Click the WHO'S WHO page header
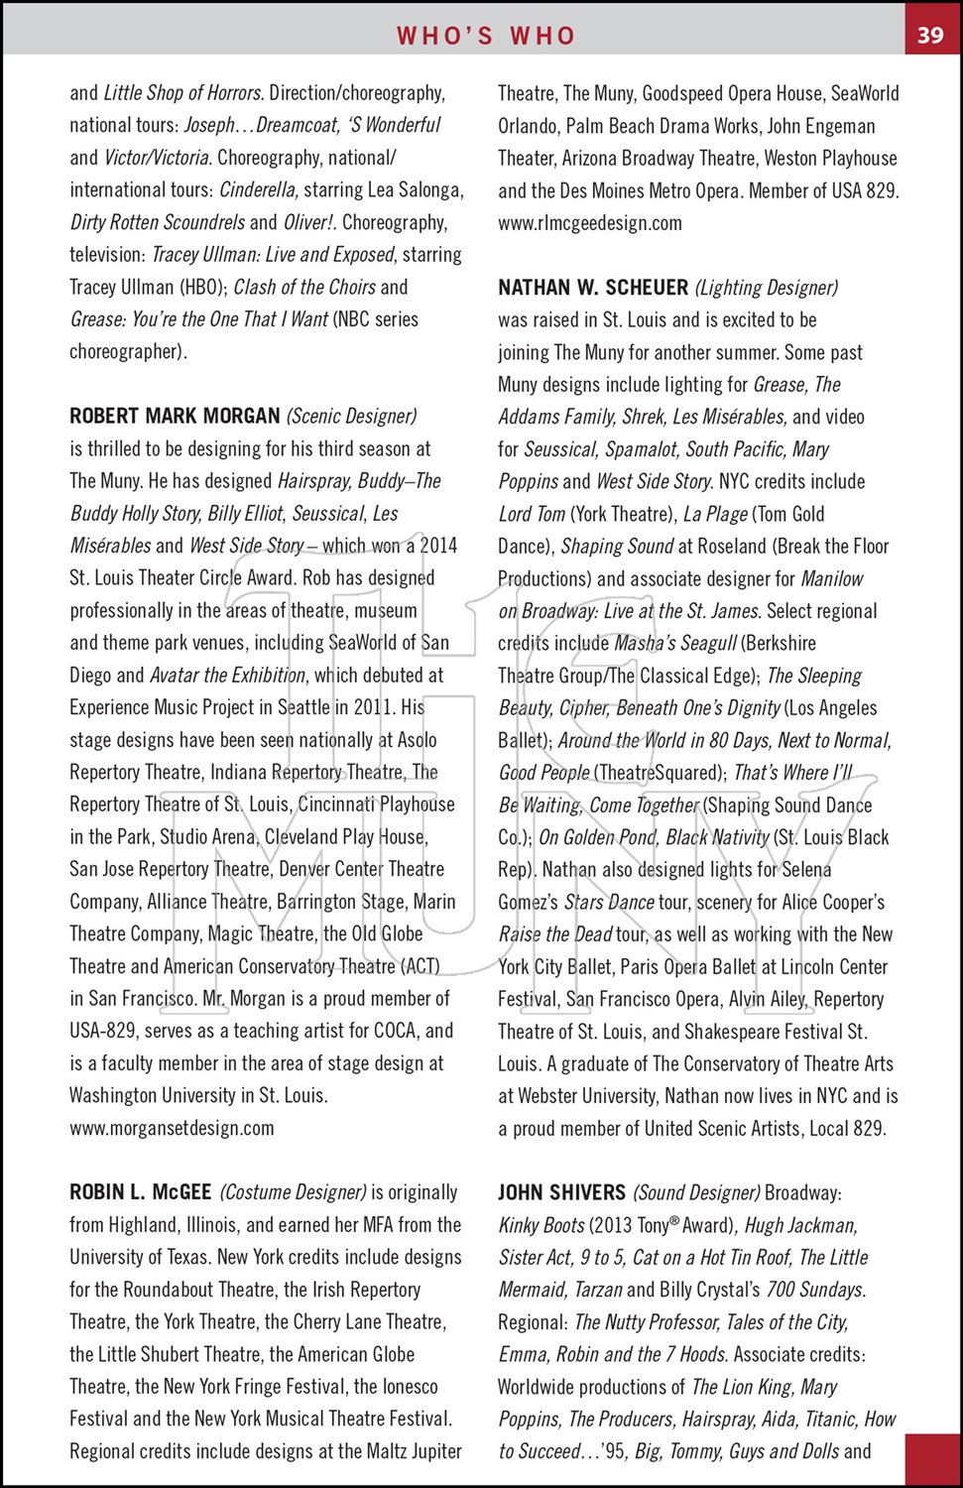point(486,36)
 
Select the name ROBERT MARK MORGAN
point(175,416)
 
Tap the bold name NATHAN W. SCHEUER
point(593,288)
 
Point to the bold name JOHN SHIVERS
point(561,1192)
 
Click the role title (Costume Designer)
point(294,1192)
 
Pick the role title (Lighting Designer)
point(767,288)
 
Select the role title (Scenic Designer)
point(352,416)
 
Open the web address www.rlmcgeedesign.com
point(590,222)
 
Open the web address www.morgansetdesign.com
point(172,1128)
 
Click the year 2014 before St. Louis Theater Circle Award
point(437,545)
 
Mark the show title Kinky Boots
point(542,1225)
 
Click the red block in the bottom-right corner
point(933,1459)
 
